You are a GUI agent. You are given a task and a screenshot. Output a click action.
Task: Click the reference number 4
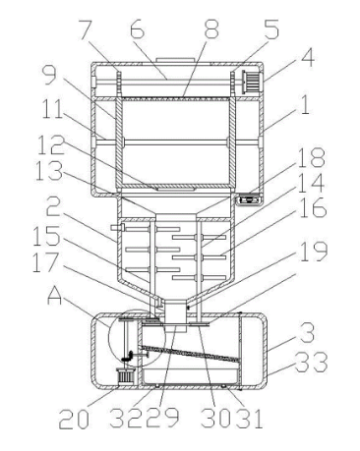[x=307, y=58]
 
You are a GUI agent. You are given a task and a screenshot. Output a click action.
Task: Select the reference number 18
[x=312, y=157]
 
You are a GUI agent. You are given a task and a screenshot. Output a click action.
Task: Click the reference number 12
[x=50, y=145]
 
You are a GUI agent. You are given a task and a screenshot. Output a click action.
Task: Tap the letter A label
[x=54, y=296]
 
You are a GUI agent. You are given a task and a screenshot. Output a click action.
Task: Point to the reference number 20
[x=74, y=419]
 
